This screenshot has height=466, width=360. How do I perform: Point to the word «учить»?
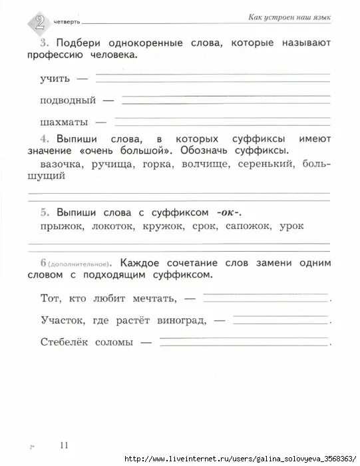(55, 79)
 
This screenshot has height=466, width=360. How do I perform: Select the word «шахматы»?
(60, 122)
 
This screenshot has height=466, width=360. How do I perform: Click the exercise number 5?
(43, 212)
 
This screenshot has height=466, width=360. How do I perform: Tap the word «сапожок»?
(244, 226)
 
